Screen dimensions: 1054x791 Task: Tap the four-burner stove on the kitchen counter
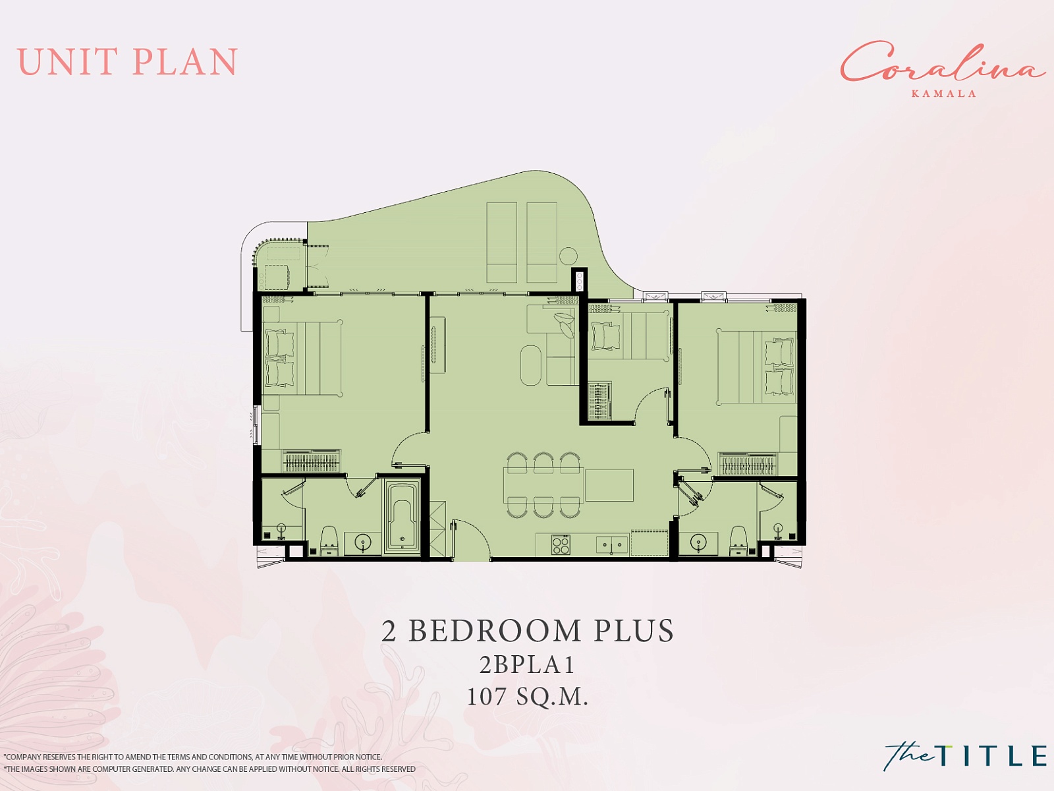pyautogui.click(x=561, y=544)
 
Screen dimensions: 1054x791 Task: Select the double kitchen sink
pyautogui.click(x=612, y=545)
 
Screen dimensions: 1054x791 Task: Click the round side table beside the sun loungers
pyautogui.click(x=568, y=256)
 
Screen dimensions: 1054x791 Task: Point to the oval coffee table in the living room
pyautogui.click(x=530, y=365)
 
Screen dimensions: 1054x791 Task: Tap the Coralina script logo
pyautogui.click(x=943, y=63)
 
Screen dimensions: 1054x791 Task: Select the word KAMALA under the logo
pyautogui.click(x=943, y=94)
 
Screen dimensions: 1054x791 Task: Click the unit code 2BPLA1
pyautogui.click(x=527, y=664)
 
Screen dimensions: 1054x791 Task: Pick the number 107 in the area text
pyautogui.click(x=486, y=696)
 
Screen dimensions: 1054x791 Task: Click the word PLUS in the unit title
pyautogui.click(x=634, y=631)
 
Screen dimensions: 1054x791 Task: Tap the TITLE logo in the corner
pyautogui.click(x=965, y=755)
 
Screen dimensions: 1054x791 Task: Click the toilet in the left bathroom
pyautogui.click(x=329, y=541)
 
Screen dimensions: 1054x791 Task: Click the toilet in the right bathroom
pyautogui.click(x=738, y=541)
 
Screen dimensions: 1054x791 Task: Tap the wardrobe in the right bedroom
pyautogui.click(x=748, y=464)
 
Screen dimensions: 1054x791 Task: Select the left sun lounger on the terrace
pyautogui.click(x=502, y=242)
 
